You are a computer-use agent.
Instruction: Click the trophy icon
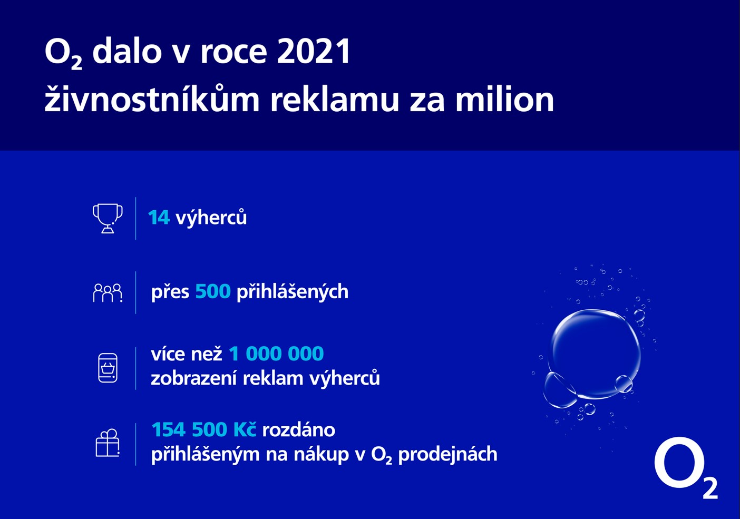[108, 219]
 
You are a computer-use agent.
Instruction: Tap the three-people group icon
[108, 293]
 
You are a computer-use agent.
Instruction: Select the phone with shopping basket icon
[108, 368]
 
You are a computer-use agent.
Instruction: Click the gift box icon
[108, 443]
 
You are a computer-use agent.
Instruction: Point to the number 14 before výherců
[159, 218]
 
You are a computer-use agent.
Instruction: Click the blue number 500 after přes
[213, 291]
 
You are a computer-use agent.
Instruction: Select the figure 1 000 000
[276, 354]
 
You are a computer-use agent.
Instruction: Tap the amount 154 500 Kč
[204, 429]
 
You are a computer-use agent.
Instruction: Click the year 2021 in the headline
[313, 52]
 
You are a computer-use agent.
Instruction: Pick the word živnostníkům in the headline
[152, 99]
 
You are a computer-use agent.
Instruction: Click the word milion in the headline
[505, 99]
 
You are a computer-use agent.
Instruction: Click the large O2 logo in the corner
[686, 468]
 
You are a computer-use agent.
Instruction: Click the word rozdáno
[299, 430]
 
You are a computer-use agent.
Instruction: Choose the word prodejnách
[448, 455]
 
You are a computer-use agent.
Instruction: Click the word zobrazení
[193, 378]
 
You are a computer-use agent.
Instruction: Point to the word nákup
[321, 455]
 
